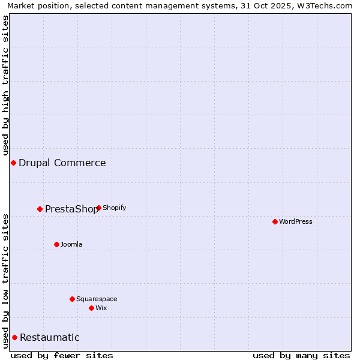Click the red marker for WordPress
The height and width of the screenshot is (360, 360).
click(275, 221)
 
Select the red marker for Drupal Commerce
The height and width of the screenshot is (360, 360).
click(13, 163)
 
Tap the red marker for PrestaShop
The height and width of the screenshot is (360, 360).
click(40, 209)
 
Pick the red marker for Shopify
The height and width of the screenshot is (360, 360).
click(98, 208)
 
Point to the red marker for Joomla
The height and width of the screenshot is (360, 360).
click(56, 244)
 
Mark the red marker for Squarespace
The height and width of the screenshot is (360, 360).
click(72, 299)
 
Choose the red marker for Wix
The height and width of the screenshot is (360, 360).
click(91, 308)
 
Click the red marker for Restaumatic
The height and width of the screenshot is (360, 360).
click(14, 337)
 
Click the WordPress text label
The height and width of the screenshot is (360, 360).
click(296, 221)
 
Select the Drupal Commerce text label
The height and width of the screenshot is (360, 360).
click(62, 163)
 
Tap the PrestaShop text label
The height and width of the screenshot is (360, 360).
click(71, 209)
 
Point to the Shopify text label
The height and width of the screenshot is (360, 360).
click(115, 208)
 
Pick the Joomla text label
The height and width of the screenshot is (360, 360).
click(71, 244)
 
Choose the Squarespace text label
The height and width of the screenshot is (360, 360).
click(97, 299)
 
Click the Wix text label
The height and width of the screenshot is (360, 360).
click(101, 308)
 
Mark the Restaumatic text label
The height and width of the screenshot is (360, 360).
click(50, 337)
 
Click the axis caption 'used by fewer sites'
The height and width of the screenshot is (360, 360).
click(62, 355)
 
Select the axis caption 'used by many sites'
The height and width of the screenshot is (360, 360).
click(301, 355)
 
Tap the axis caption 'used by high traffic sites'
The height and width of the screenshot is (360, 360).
click(5, 83)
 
